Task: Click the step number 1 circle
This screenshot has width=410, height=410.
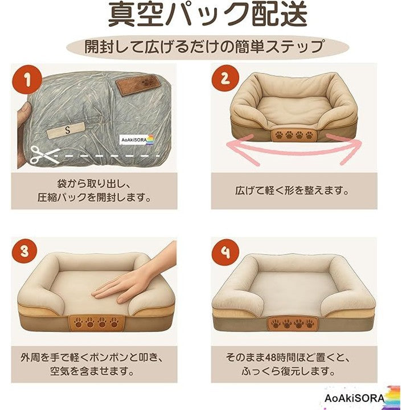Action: [x=27, y=79]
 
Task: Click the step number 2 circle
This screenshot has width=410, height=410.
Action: [x=225, y=78]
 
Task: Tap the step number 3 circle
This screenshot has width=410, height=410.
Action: [x=24, y=251]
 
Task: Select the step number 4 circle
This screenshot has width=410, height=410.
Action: [x=225, y=252]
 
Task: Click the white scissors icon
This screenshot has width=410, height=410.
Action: [x=44, y=155]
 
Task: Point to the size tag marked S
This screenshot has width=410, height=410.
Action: [x=66, y=130]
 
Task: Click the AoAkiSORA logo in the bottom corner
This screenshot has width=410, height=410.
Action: [x=362, y=397]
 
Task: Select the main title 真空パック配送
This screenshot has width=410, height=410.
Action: [x=208, y=15]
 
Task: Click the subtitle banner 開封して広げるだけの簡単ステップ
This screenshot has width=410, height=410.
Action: [x=208, y=47]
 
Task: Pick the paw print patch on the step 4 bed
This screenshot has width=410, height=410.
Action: [x=292, y=323]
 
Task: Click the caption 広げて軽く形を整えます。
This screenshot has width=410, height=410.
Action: [x=292, y=191]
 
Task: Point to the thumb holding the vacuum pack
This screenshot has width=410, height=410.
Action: [x=23, y=115]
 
